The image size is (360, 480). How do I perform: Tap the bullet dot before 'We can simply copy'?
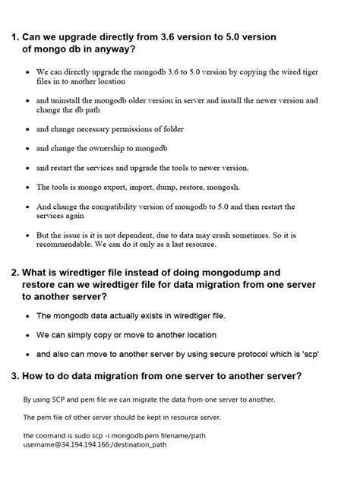pos(29,335)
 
